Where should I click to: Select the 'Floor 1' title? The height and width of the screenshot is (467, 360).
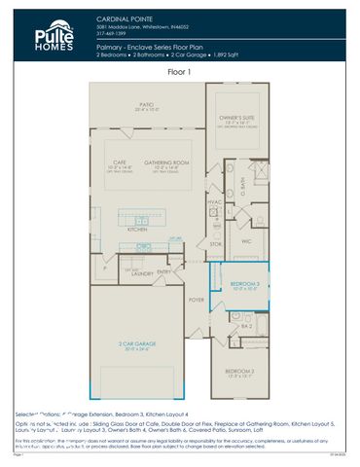pos(180,72)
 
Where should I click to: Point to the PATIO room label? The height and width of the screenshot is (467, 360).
pos(146,103)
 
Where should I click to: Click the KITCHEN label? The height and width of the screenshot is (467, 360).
pos(136,229)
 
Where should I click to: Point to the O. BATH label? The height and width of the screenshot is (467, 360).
pos(240,182)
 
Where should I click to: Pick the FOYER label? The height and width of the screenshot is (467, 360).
pos(196,300)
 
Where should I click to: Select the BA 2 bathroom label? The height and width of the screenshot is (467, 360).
pos(247,327)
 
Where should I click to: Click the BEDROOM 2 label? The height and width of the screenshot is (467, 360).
pos(239,371)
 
